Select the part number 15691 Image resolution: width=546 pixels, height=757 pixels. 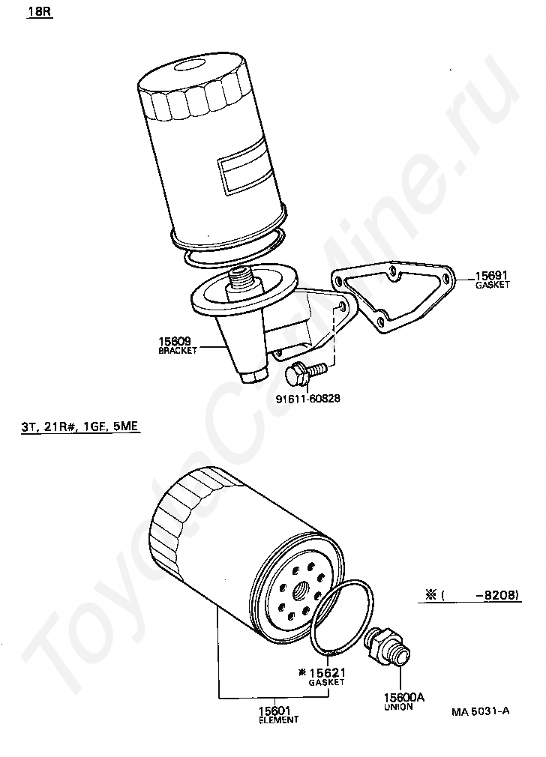[x=491, y=276]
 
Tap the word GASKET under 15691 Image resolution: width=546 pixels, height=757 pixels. [x=492, y=285]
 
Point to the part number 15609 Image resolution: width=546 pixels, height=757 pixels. [x=175, y=343]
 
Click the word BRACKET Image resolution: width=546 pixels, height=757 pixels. [x=178, y=351]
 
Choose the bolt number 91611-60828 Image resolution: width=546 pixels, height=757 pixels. [x=307, y=399]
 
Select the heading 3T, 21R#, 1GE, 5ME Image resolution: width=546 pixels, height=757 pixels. [x=79, y=426]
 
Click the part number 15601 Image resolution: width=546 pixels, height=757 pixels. [x=274, y=711]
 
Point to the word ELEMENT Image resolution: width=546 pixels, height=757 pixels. [x=278, y=720]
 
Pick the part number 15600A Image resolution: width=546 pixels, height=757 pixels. [x=404, y=698]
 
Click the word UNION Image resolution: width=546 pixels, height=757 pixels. [x=399, y=707]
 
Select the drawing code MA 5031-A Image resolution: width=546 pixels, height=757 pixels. [x=480, y=711]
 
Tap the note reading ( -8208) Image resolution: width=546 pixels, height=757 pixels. [x=480, y=595]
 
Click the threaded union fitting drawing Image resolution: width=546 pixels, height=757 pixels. [x=388, y=645]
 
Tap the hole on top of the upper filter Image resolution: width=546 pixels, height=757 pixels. [x=190, y=64]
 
